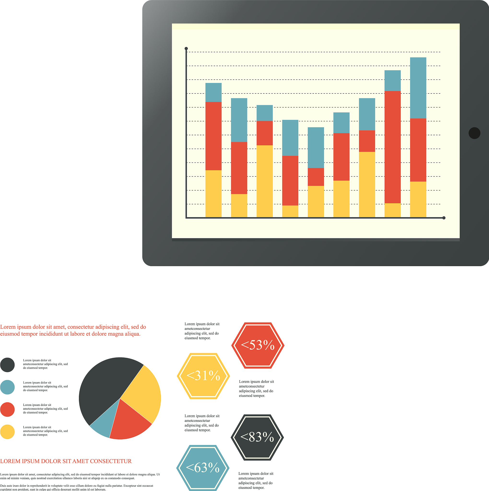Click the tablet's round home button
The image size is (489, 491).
[x=474, y=133]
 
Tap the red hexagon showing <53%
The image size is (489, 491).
[x=258, y=345]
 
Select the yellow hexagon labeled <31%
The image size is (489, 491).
[x=203, y=376]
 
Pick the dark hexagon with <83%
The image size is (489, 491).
[x=257, y=437]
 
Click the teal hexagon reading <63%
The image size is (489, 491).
[x=203, y=468]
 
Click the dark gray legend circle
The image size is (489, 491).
[x=7, y=365]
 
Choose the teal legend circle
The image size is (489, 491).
[x=7, y=387]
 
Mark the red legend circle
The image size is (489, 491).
[x=7, y=409]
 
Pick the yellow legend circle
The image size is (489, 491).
[x=7, y=432]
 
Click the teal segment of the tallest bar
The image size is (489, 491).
[x=418, y=88]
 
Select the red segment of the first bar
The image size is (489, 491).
[x=213, y=136]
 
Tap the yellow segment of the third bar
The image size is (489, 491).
[x=265, y=181]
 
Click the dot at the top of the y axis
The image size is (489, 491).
[x=186, y=48]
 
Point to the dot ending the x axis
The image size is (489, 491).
[x=444, y=218]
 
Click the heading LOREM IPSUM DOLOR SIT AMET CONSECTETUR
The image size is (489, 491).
[x=66, y=461]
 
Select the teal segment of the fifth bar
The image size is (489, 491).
[x=316, y=148]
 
